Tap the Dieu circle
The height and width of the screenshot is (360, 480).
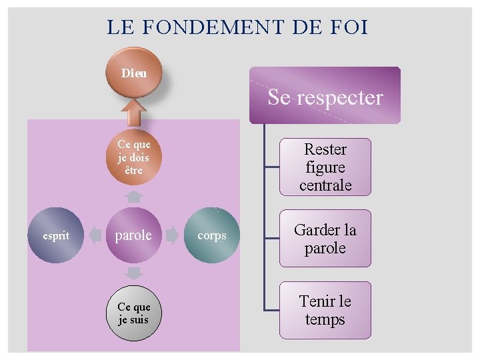point(134,72)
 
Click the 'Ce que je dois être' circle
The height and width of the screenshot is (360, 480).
point(134,158)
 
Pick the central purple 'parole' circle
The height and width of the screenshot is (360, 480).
point(134,235)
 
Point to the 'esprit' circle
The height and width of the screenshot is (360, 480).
point(56,235)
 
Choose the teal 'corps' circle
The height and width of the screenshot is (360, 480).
point(212,235)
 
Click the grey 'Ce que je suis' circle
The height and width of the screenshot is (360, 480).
point(134,313)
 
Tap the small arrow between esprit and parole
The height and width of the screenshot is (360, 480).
point(95,235)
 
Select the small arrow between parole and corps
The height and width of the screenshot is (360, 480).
point(173,235)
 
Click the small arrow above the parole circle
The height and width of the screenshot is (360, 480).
point(134,197)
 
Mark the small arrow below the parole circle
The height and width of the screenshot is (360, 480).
point(134,274)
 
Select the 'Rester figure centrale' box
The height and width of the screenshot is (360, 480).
point(325,167)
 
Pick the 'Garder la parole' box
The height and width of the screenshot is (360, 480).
point(325,239)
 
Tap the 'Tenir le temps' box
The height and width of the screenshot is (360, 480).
point(325,311)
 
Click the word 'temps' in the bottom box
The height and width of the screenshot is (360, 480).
point(325,320)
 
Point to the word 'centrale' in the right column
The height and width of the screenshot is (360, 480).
point(325,185)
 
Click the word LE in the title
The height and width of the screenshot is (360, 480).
point(120,28)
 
